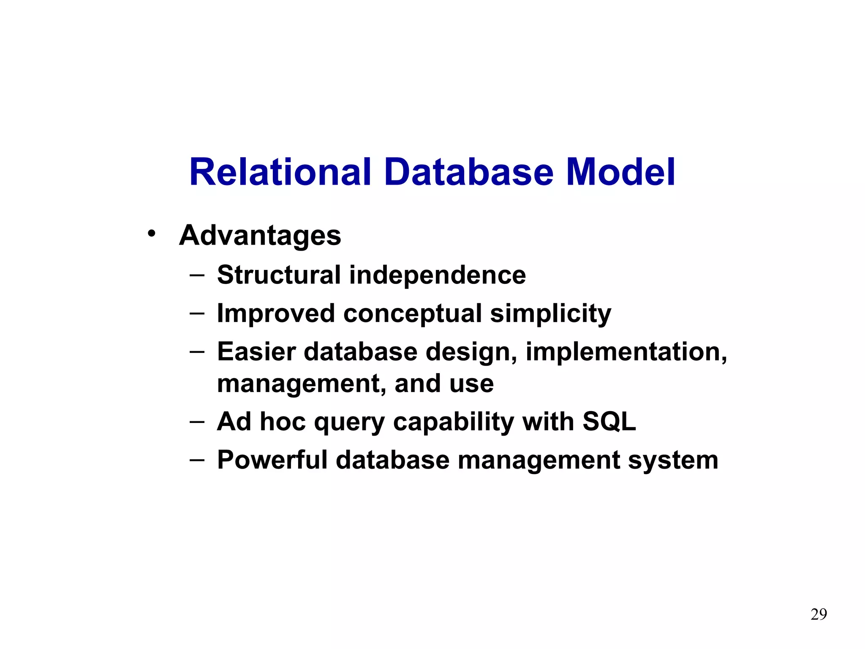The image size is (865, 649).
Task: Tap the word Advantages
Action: pos(260,235)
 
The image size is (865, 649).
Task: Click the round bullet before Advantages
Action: pos(151,233)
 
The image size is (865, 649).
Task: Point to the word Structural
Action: pos(279,275)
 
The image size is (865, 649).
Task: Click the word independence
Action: pos(437,275)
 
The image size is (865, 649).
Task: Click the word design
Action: pos(471,352)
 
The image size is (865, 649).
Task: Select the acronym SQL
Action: pos(609,422)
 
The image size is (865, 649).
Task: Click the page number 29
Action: pos(819,614)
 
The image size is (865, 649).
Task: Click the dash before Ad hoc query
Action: pos(197,422)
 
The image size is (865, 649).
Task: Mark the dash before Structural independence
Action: pos(197,275)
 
